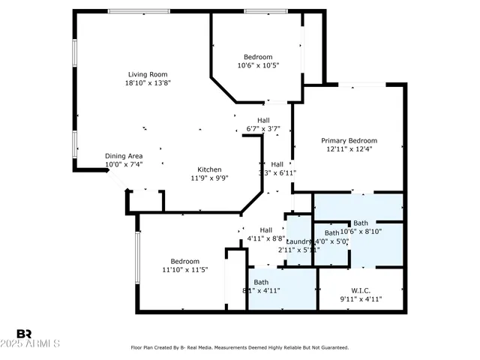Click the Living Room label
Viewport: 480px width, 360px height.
click(x=147, y=74)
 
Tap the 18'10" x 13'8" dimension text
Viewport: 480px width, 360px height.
click(x=147, y=83)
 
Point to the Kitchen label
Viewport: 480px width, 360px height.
click(x=209, y=169)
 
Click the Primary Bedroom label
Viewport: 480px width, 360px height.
click(x=349, y=140)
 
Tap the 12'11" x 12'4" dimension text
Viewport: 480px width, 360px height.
click(x=349, y=149)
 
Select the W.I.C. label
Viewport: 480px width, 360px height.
click(x=361, y=290)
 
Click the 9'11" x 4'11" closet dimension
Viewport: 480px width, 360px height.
click(x=361, y=299)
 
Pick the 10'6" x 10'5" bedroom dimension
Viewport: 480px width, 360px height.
click(x=259, y=66)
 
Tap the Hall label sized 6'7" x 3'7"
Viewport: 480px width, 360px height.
click(x=263, y=120)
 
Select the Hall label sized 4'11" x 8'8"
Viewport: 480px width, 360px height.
click(x=265, y=230)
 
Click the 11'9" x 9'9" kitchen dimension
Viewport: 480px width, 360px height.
click(x=209, y=178)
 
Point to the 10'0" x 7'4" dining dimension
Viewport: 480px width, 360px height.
click(x=124, y=164)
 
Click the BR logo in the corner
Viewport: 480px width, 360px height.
click(x=24, y=333)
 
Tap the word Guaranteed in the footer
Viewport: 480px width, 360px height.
click(x=331, y=347)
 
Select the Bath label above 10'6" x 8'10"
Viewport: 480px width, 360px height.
click(x=361, y=223)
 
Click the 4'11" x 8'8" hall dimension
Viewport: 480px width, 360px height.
click(x=265, y=239)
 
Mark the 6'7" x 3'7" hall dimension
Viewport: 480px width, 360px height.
click(x=263, y=129)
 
